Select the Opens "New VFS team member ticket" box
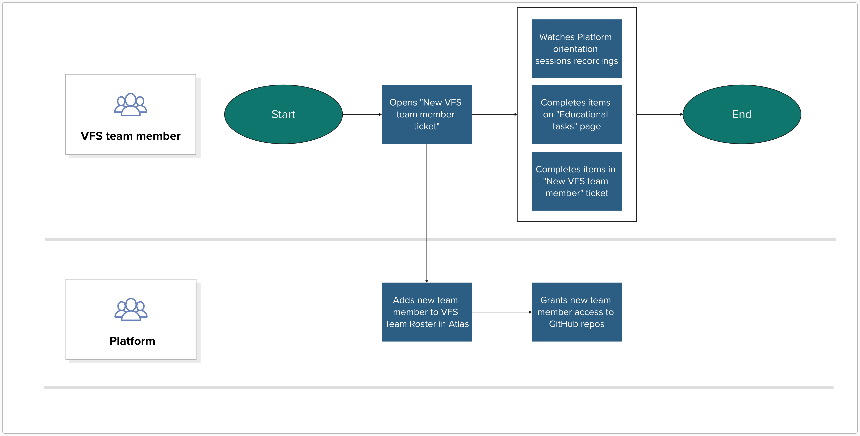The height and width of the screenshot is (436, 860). tap(426, 114)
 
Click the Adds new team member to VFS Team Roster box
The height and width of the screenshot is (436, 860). tap(426, 312)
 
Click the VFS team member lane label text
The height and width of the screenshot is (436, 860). tap(131, 136)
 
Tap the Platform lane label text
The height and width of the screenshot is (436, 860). tap(132, 341)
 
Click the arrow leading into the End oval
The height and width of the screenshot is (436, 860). tap(659, 114)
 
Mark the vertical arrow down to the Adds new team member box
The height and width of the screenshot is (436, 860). tap(427, 214)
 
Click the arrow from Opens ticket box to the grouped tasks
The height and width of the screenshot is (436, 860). tap(494, 114)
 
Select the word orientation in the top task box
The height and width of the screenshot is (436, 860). tap(575, 49)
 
